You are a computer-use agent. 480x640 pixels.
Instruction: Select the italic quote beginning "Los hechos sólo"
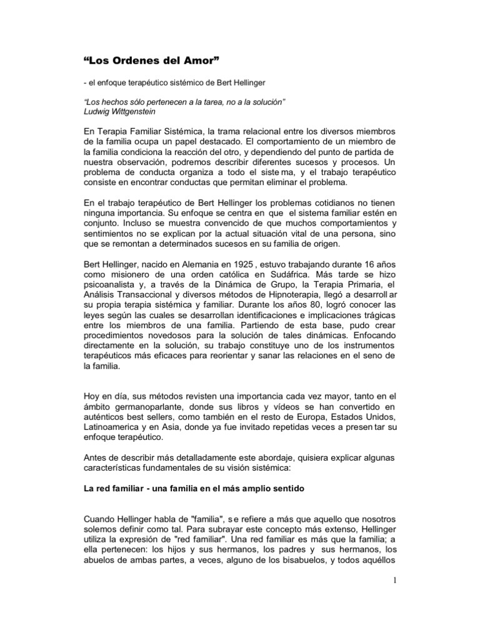point(184,101)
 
